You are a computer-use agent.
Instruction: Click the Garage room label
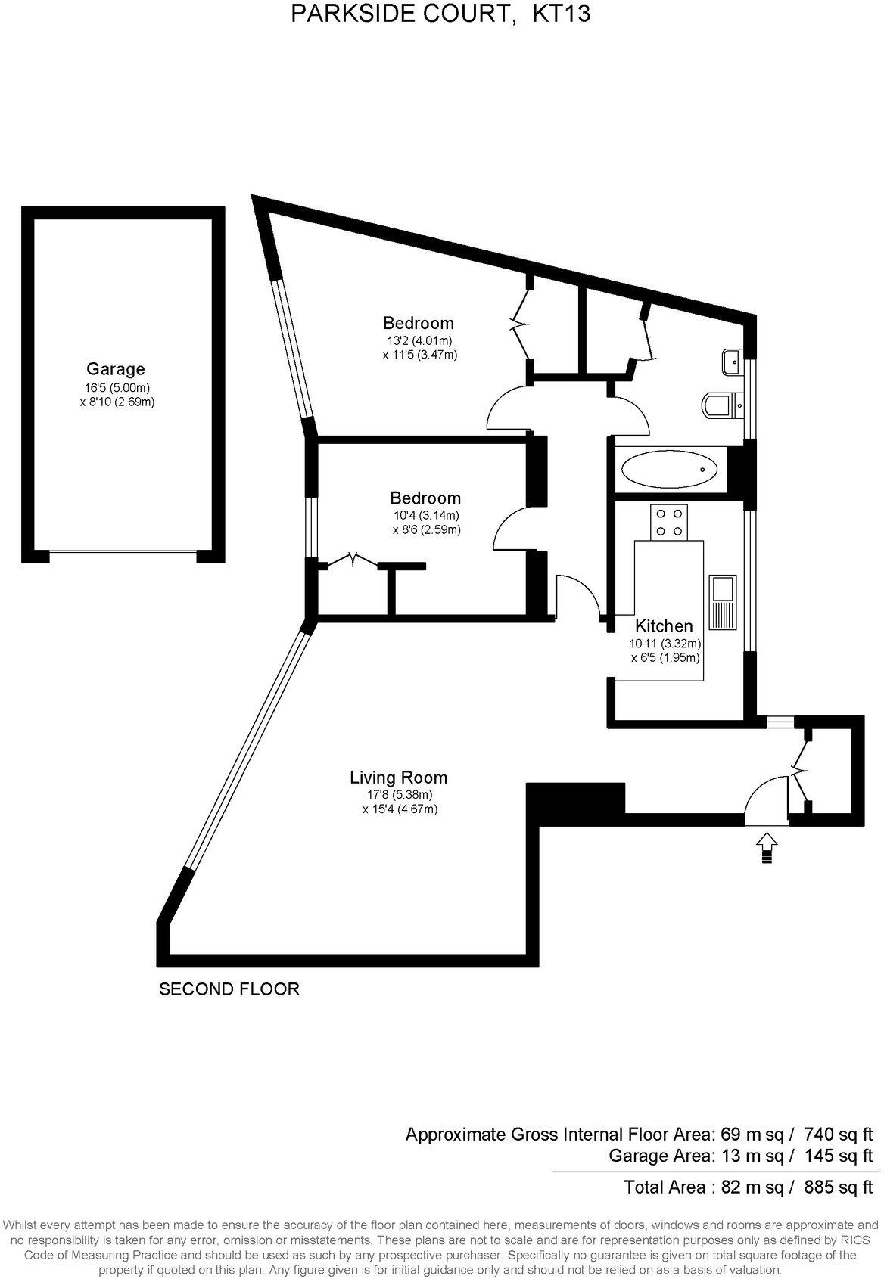[x=115, y=369]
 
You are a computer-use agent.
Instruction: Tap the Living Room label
[x=398, y=777]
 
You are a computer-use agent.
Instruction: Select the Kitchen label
[x=663, y=626]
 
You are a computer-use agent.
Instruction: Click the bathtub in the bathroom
[x=669, y=470]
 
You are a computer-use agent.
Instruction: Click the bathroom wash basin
[x=733, y=362]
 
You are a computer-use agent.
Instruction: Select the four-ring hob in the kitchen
[x=668, y=521]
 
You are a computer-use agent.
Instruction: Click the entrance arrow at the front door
[x=767, y=845]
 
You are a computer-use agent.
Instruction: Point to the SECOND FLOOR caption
[x=229, y=989]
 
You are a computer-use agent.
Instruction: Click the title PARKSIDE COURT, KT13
[x=440, y=14]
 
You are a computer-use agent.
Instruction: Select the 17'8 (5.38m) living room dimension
[x=398, y=795]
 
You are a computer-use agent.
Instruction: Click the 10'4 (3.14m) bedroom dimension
[x=425, y=516]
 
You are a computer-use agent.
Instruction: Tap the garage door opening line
[x=123, y=552]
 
